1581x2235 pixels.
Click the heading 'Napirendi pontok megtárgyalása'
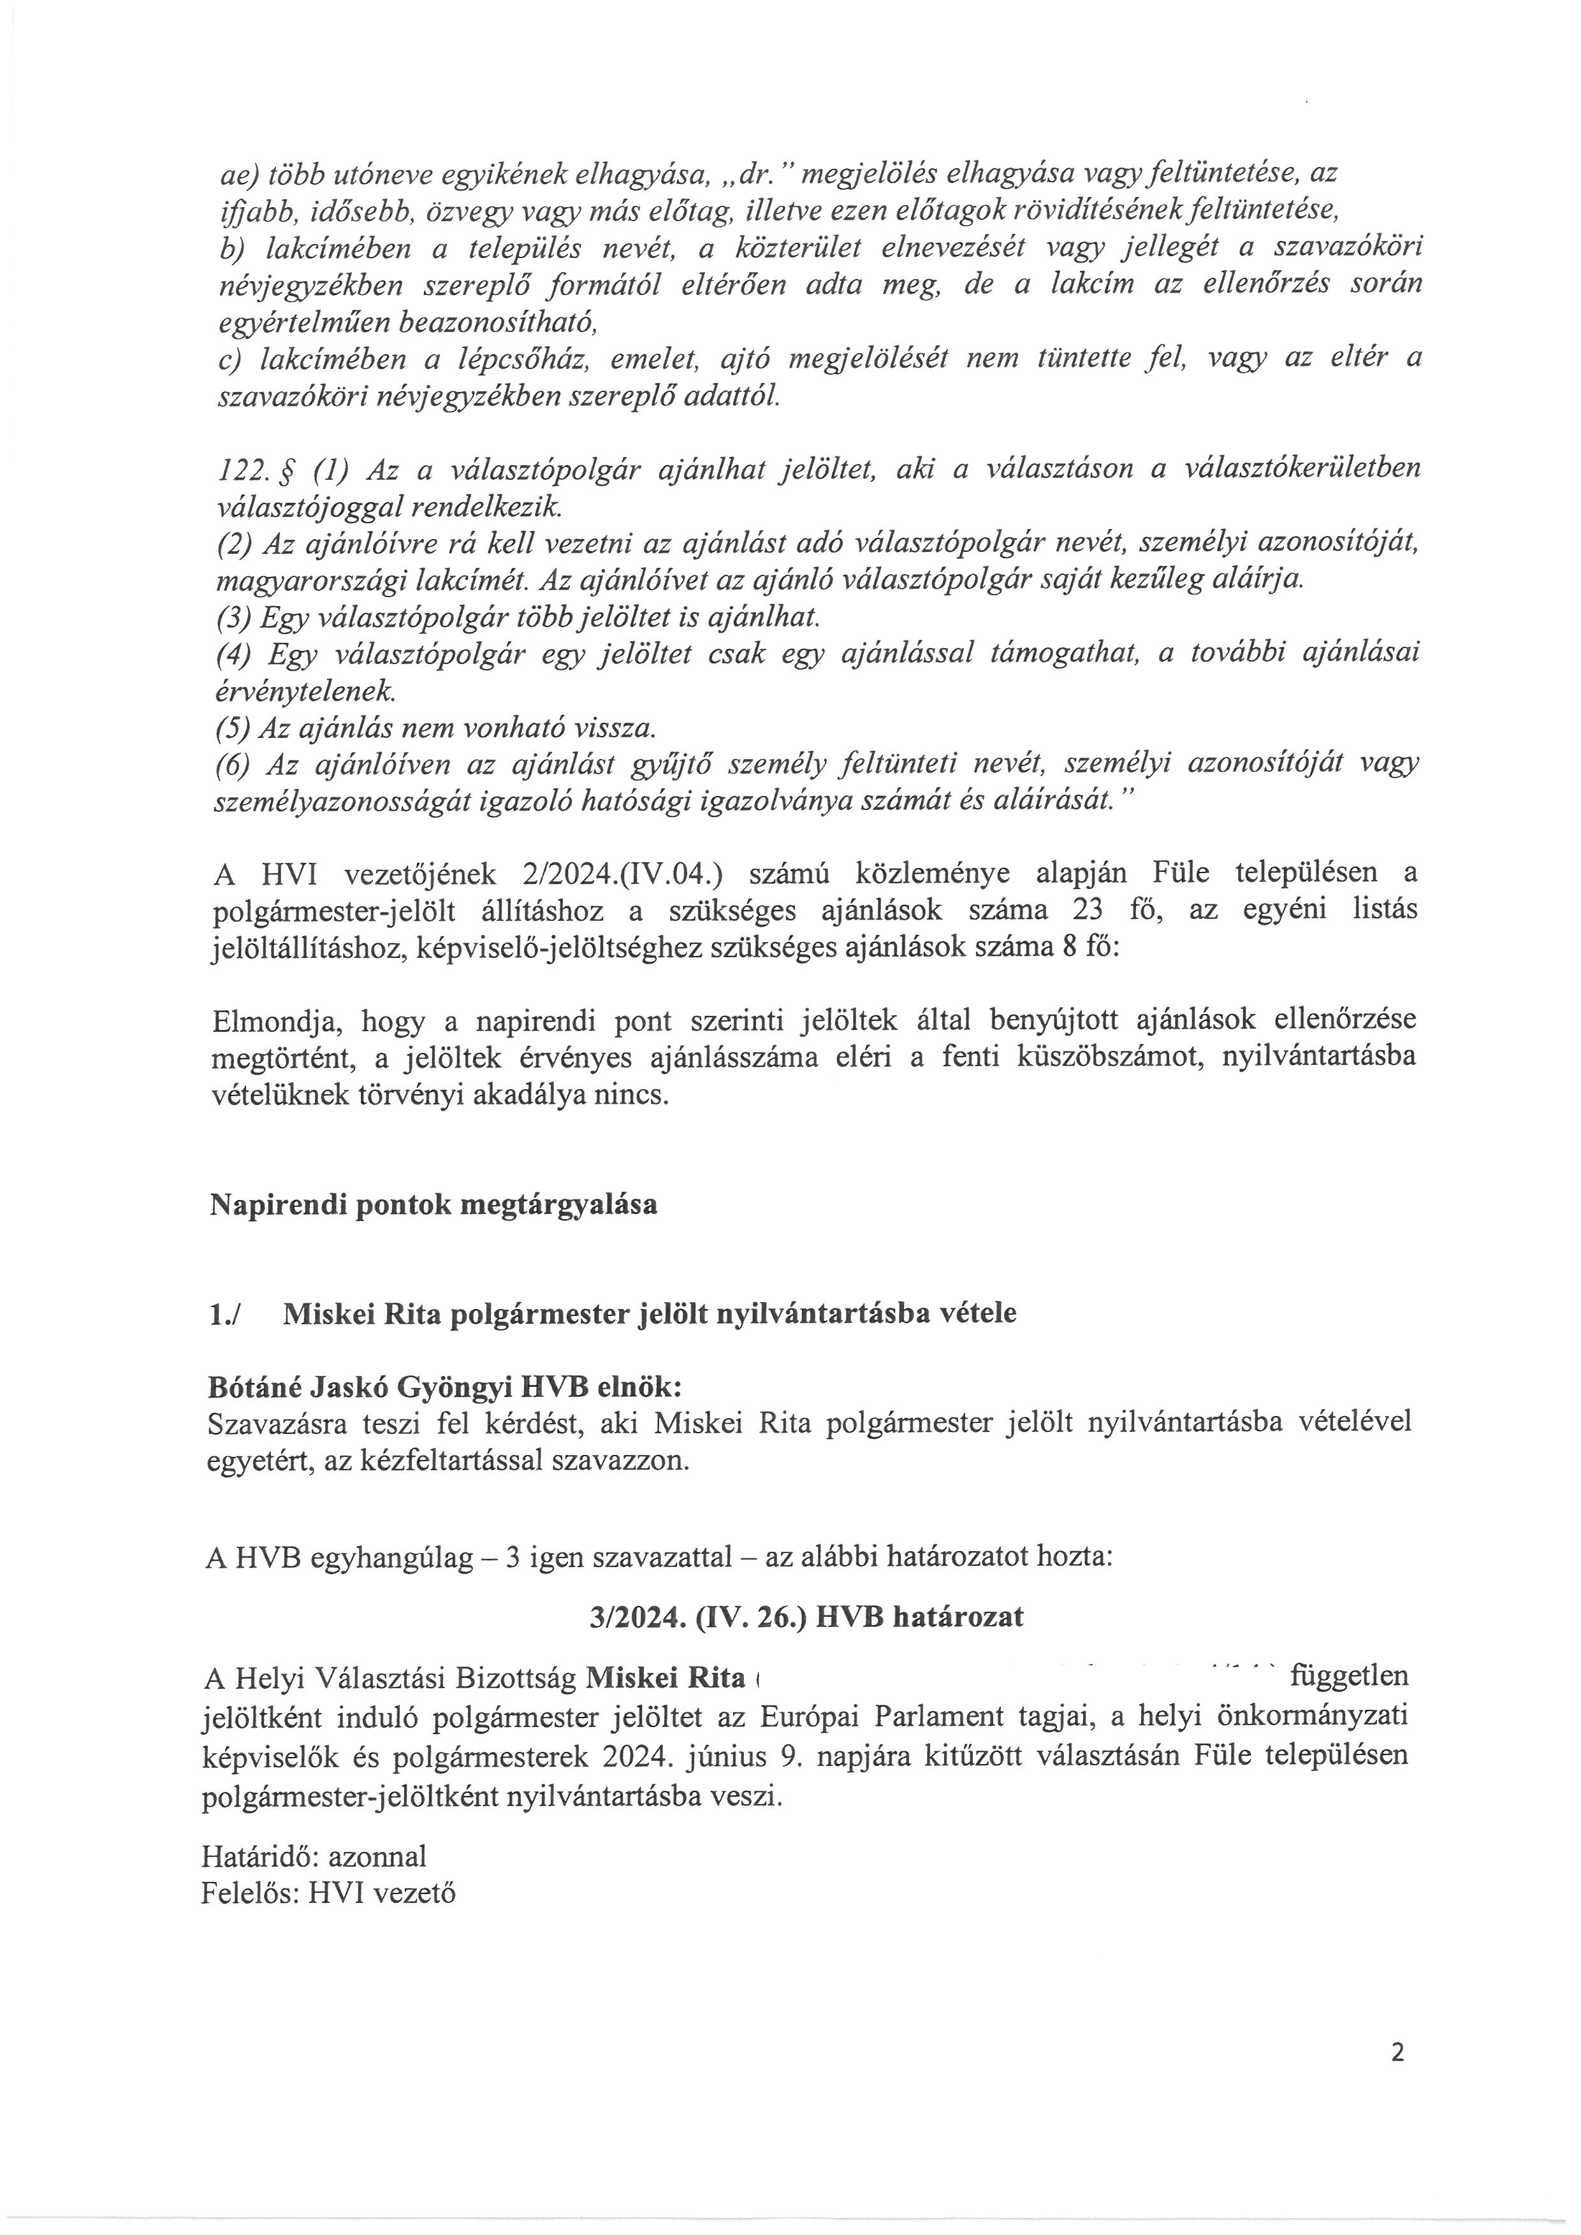click(x=433, y=1204)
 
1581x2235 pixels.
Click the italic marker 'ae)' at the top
click(x=238, y=174)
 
